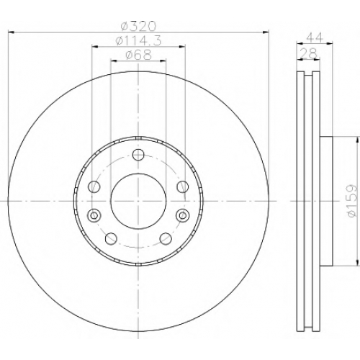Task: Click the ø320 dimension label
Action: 138,26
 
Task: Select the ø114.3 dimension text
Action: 138,40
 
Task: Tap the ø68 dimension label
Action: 138,55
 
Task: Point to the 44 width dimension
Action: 315,37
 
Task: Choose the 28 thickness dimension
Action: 310,53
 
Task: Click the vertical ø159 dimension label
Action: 352,201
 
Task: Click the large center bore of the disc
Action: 138,201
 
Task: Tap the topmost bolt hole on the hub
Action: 138,154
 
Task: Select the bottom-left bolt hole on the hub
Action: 111,238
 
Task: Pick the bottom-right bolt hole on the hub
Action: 166,238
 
